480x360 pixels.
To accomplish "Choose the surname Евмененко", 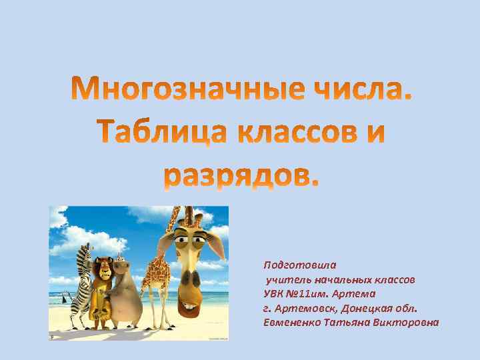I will tap(293, 323).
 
